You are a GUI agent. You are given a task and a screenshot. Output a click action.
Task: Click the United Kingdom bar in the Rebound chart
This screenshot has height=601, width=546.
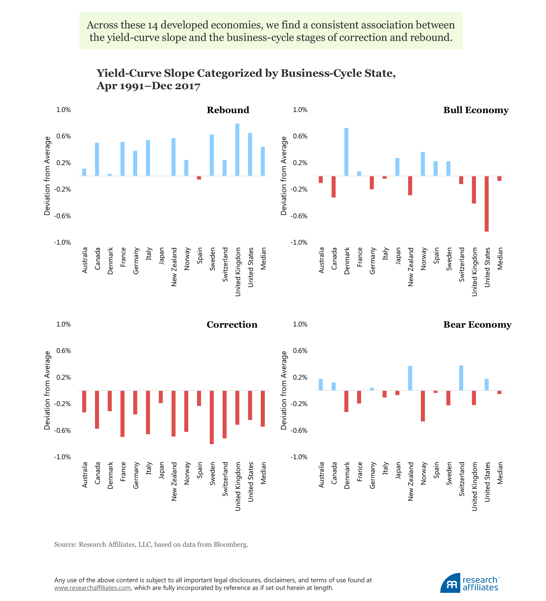(x=237, y=150)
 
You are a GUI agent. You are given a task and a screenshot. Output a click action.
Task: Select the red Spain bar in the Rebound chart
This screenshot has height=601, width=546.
(x=199, y=178)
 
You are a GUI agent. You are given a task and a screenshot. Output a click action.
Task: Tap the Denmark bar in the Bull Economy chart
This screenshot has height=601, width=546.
(x=346, y=152)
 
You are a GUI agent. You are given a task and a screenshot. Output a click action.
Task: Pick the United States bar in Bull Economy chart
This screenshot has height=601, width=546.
(x=487, y=204)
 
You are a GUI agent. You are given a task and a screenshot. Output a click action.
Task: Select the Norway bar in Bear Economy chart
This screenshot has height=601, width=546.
(x=423, y=406)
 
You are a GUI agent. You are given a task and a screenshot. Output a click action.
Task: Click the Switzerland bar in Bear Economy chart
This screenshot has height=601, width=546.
(x=461, y=378)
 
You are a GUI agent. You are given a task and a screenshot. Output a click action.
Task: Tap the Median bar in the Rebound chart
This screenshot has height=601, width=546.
(x=263, y=161)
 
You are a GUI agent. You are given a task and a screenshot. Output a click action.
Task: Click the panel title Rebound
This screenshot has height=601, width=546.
(x=228, y=110)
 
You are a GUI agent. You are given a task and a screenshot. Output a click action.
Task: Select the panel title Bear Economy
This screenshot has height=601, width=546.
(x=477, y=325)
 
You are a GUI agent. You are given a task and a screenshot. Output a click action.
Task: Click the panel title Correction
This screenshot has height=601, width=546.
(x=232, y=325)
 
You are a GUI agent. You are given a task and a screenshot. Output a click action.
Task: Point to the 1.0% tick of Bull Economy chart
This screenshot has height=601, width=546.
(x=300, y=110)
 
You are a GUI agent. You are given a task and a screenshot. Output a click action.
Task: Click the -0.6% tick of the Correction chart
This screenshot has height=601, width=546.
(x=62, y=431)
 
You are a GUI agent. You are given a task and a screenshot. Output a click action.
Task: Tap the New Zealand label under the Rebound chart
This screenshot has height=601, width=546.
(x=174, y=267)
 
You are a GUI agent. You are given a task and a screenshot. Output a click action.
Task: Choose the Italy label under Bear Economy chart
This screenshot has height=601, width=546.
(x=385, y=468)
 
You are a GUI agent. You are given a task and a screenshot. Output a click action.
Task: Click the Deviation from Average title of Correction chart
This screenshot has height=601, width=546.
(x=47, y=390)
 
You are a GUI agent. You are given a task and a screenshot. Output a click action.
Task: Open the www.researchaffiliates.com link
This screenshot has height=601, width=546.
(x=92, y=588)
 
